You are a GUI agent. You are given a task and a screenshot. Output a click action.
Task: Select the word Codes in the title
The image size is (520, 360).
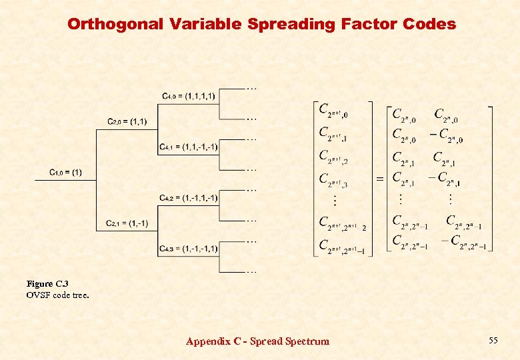[430, 25]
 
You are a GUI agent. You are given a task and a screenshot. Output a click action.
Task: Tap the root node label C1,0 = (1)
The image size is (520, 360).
[66, 173]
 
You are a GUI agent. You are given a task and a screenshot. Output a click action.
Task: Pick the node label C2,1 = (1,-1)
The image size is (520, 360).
[127, 223]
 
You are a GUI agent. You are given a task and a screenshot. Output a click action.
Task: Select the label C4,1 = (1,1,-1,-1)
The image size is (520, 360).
[189, 147]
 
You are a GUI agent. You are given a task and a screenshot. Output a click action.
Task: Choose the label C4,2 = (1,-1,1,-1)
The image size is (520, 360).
[189, 198]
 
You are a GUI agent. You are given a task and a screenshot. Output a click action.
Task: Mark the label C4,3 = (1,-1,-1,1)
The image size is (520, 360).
[189, 249]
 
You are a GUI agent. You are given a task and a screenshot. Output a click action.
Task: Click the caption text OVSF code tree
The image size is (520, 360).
[57, 295]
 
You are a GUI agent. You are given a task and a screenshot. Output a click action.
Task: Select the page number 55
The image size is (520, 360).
[493, 341]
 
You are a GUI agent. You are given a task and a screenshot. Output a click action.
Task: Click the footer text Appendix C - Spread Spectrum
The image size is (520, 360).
[257, 341]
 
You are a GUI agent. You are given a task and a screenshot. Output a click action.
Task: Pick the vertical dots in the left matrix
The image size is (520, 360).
[335, 200]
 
